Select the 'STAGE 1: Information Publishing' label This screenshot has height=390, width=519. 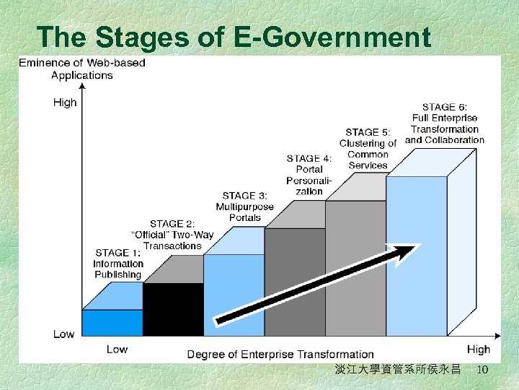click(x=117, y=264)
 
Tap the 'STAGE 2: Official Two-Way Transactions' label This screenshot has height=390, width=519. click(x=173, y=235)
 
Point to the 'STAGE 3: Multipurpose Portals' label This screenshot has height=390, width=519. click(x=245, y=207)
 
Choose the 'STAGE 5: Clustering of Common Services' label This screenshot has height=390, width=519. click(x=368, y=149)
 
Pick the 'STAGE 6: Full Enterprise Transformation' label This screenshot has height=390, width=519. click(x=445, y=123)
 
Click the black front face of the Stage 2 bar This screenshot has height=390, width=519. click(x=173, y=309)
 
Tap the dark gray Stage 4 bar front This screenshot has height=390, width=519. click(x=294, y=282)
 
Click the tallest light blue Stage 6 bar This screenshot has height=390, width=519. click(x=416, y=256)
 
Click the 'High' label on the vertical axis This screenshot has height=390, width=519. click(x=65, y=103)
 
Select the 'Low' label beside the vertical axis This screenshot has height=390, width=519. click(x=63, y=334)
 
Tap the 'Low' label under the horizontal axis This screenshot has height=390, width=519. click(x=117, y=350)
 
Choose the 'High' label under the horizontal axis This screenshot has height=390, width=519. click(x=478, y=350)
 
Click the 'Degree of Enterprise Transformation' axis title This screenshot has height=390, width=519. click(x=280, y=354)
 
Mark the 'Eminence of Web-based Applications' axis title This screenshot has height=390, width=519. click(x=81, y=69)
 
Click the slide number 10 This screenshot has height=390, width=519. click(x=482, y=370)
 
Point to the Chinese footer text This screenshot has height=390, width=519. click(x=397, y=370)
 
